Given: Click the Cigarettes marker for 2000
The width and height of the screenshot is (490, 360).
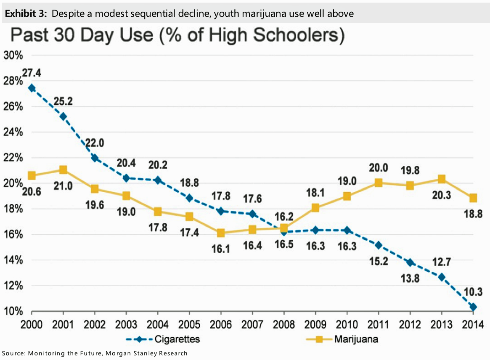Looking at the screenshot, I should click(x=32, y=88).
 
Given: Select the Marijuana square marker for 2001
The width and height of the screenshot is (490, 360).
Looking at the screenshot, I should click(x=63, y=170).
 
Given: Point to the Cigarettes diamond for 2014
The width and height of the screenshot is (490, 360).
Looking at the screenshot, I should click(x=473, y=307).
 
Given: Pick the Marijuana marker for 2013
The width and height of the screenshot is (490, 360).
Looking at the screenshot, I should click(x=442, y=179).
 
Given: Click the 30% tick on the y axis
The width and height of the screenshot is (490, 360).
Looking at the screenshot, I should click(x=14, y=55).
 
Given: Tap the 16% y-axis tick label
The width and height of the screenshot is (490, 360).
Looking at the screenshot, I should click(x=14, y=235).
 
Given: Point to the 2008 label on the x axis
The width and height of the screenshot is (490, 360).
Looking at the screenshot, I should click(x=284, y=325).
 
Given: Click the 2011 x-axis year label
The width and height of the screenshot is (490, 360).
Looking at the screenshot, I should click(x=379, y=325).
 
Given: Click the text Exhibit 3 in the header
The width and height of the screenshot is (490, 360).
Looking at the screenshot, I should click(x=25, y=14).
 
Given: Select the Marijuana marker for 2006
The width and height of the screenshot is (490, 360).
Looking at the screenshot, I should click(x=221, y=233).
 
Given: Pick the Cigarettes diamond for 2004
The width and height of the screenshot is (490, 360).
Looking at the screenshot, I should click(x=158, y=180).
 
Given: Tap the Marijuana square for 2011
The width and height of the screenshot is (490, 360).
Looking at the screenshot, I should click(x=379, y=183).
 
